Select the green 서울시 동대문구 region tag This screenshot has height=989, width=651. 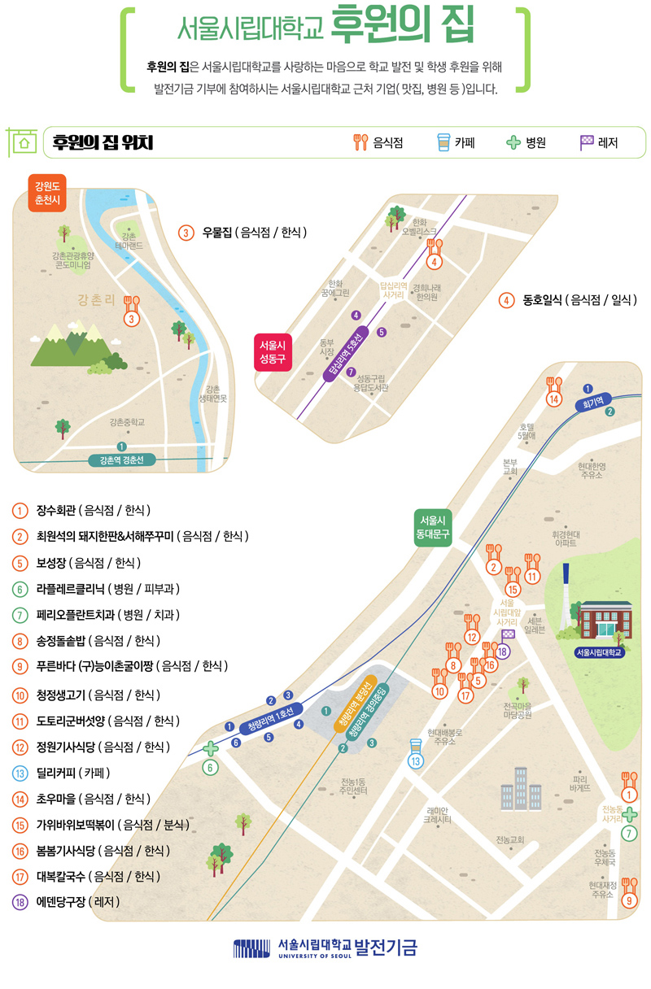[x=432, y=527]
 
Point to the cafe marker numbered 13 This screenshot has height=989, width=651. [x=416, y=755]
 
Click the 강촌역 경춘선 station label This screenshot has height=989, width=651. [x=121, y=460]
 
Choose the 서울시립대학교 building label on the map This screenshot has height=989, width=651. [x=599, y=651]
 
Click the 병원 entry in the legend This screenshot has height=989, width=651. [x=526, y=143]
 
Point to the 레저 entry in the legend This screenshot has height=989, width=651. [x=599, y=143]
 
